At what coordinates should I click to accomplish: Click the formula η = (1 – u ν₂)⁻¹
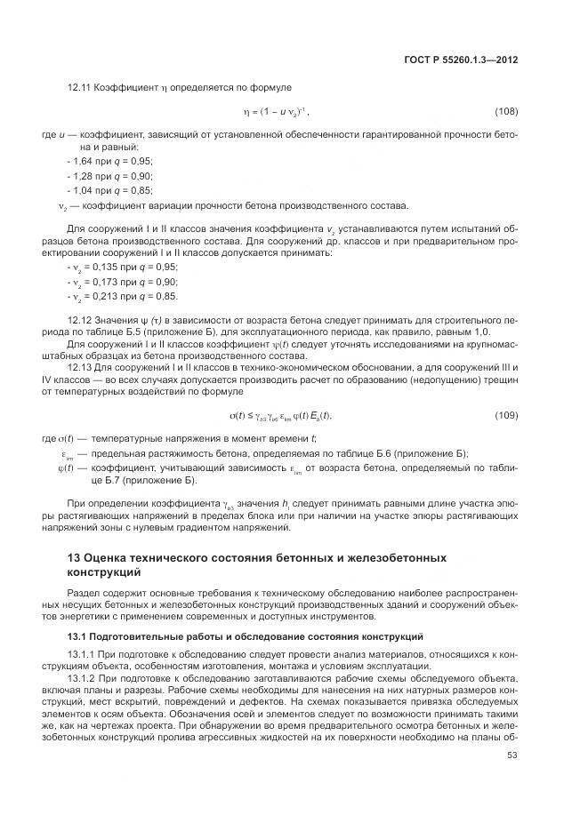(x=276, y=114)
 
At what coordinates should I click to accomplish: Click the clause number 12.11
(x=79, y=88)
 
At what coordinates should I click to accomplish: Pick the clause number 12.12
(x=79, y=317)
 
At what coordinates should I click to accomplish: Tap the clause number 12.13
(x=79, y=364)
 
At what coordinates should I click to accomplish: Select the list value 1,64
(x=81, y=160)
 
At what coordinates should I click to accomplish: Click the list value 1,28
(x=81, y=176)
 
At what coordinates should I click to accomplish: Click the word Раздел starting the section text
(x=84, y=592)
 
